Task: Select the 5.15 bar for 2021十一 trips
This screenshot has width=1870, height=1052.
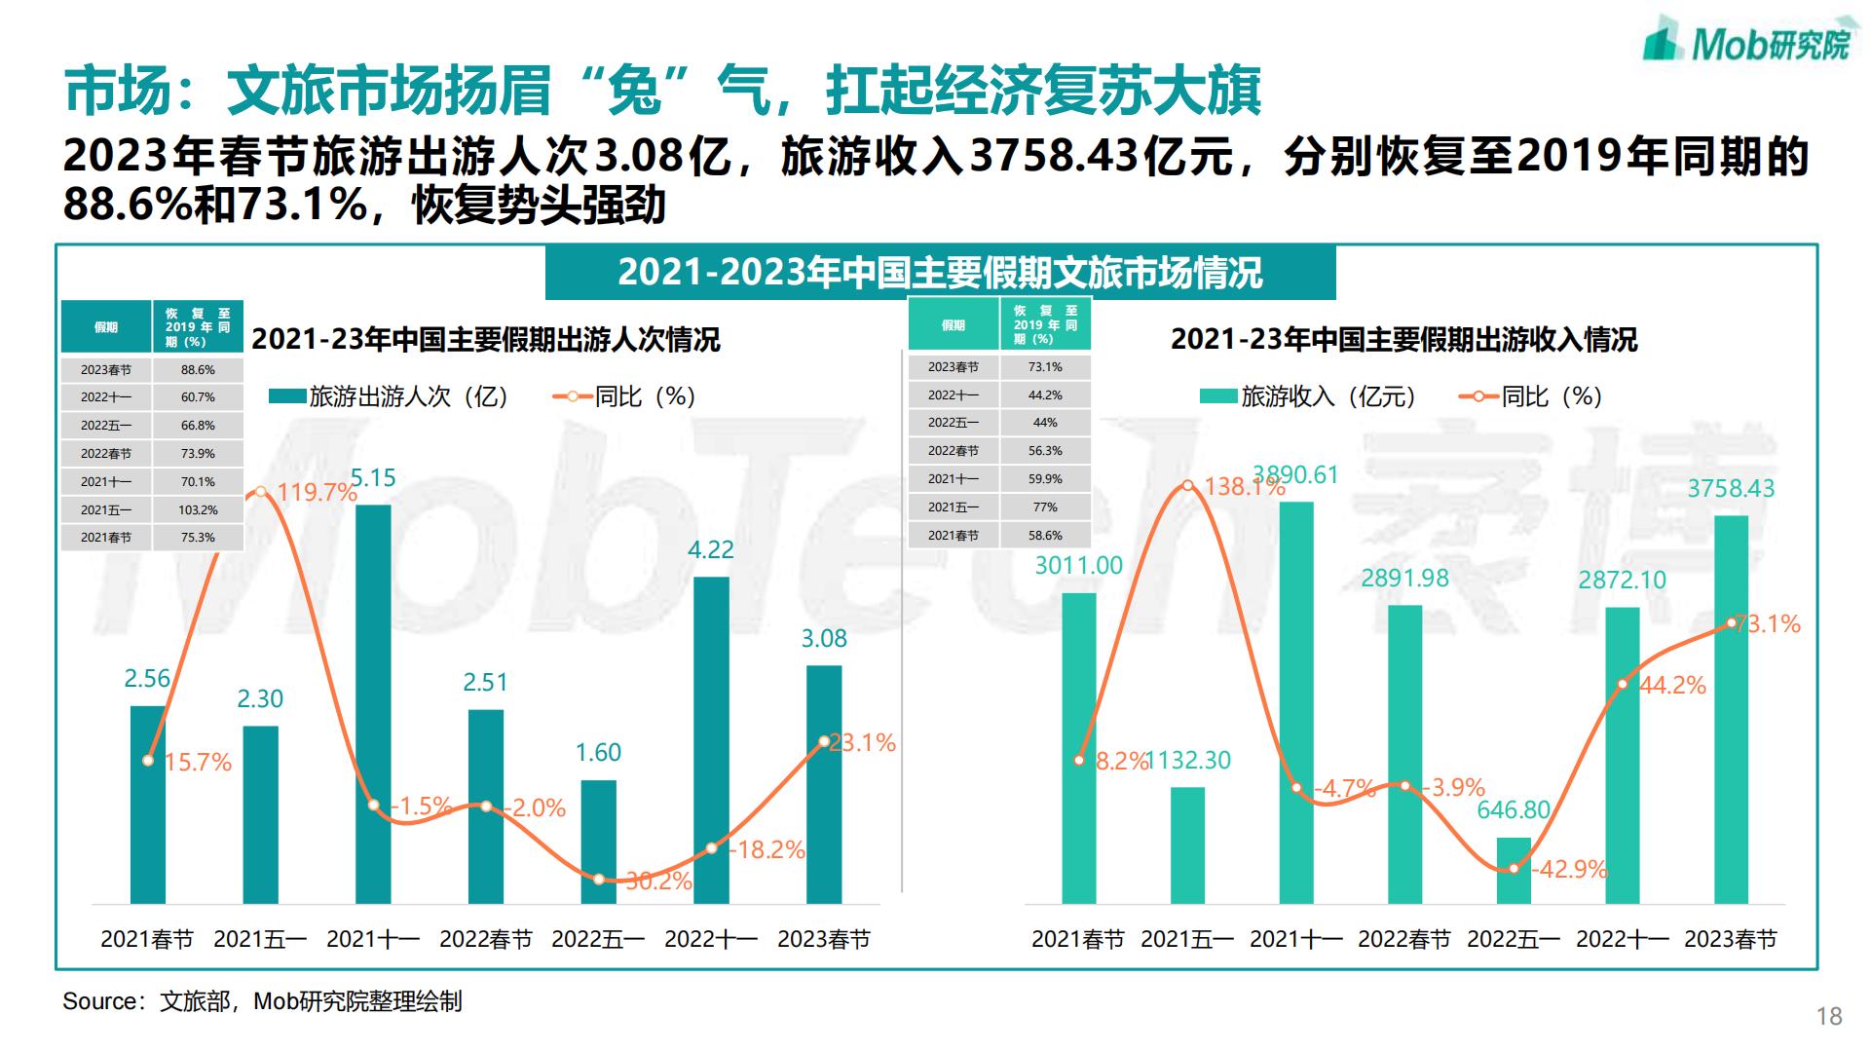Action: [373, 701]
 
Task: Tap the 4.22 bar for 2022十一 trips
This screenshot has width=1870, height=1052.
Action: [711, 740]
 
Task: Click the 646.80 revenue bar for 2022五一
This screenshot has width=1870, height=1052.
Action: [1513, 870]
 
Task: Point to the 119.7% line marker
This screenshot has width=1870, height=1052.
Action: [260, 492]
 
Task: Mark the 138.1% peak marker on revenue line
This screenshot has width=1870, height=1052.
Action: [1187, 485]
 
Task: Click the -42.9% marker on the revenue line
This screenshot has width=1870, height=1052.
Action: [1513, 868]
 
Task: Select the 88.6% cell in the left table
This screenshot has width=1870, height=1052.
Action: [198, 370]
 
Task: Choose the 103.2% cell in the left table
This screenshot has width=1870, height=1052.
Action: [198, 509]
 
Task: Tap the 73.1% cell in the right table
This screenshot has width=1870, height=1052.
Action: [1045, 367]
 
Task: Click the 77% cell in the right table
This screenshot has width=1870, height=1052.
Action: [1045, 507]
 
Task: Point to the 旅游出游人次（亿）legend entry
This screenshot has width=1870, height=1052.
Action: [390, 396]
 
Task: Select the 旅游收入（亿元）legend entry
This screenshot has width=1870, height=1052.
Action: [1308, 396]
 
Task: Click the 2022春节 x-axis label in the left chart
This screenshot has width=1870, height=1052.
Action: [486, 939]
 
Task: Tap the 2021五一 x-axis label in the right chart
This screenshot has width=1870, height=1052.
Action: [1187, 939]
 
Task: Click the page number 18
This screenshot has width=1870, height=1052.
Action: [1829, 1017]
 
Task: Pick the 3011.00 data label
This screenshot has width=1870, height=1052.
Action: [1078, 565]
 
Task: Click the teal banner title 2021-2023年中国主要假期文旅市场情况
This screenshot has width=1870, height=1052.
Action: [940, 273]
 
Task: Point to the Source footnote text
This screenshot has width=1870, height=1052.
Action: [262, 1001]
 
